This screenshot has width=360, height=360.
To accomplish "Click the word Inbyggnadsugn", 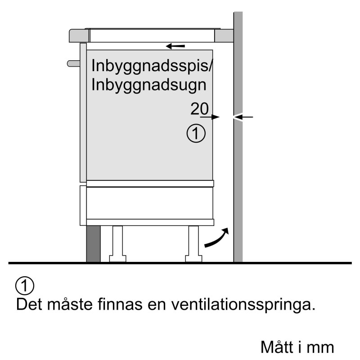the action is point(149,85).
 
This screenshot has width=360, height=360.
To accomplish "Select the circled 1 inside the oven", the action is point(196,133).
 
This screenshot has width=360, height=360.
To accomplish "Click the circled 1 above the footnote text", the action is point(25,286).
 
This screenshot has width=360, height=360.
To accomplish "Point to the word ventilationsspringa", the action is point(243,305).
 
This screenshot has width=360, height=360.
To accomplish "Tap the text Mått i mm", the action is point(297,346).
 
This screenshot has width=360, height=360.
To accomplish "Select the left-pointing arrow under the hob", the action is point(175,46).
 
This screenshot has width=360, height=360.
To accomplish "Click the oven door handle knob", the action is point(73,63).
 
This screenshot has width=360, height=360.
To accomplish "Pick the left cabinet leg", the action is point(117,244).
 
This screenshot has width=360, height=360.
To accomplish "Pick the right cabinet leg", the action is point(193,244).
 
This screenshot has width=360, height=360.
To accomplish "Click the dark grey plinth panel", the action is point(93,244).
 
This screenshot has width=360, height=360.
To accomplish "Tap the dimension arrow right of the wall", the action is point(243,117).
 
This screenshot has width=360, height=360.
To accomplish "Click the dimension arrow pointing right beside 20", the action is point(210,117).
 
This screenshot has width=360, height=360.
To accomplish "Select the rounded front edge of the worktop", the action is point(79,36).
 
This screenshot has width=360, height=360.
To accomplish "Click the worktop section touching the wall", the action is point(224,36).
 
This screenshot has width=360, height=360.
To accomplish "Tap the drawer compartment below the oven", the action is point(149,203).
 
